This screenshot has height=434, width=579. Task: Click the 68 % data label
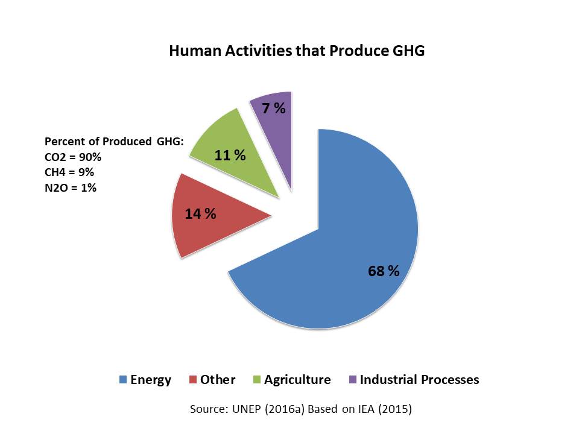(x=384, y=271)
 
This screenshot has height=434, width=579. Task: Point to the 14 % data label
(x=200, y=213)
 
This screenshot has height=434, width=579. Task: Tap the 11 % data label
(x=230, y=156)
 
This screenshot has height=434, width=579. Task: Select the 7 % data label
(x=274, y=108)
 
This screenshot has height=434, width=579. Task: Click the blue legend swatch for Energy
(x=123, y=379)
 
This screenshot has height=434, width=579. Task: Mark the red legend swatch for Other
(x=193, y=379)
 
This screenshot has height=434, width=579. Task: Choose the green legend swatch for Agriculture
(x=257, y=379)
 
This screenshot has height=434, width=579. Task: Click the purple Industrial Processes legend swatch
(x=353, y=379)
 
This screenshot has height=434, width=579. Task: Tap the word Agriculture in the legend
(x=297, y=380)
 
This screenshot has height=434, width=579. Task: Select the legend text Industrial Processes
(x=420, y=380)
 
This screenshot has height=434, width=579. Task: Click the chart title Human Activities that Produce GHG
(x=297, y=51)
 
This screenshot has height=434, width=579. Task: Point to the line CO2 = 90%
(x=73, y=157)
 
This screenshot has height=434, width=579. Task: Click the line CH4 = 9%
(x=69, y=172)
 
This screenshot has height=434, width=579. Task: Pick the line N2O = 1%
(x=71, y=188)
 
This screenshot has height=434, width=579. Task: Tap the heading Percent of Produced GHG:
(x=114, y=141)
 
